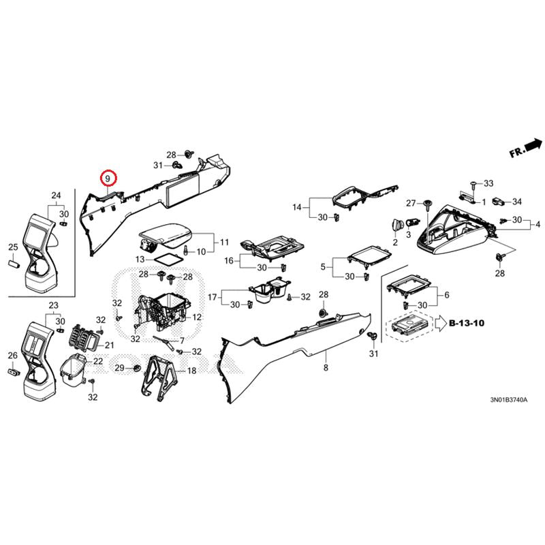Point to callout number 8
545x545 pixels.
(x=326, y=368)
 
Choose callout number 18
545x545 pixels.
(x=191, y=371)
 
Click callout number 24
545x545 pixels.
(x=57, y=196)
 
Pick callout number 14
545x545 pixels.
(x=297, y=207)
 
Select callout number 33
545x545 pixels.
(x=488, y=183)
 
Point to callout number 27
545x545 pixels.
(x=411, y=203)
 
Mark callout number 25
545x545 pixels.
(x=12, y=247)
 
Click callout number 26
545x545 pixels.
(x=12, y=356)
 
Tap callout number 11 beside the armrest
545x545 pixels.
(x=225, y=242)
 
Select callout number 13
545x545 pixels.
(x=139, y=260)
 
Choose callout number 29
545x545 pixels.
(x=119, y=368)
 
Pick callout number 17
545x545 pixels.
(x=213, y=296)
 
